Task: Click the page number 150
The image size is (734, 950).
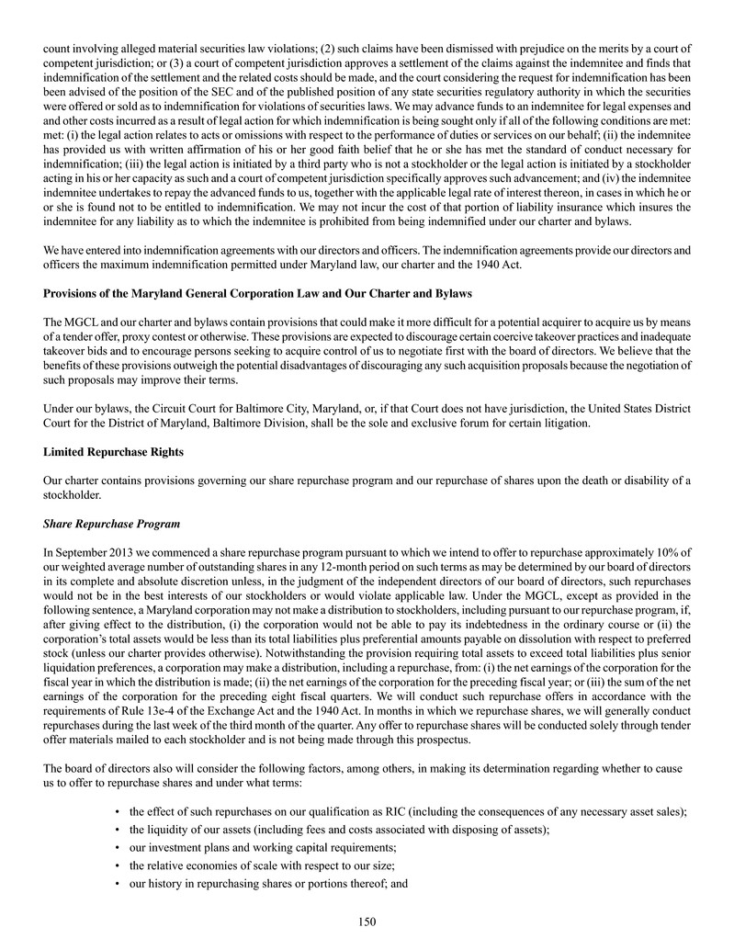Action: coord(367,922)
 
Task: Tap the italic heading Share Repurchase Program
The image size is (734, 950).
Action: coord(112,523)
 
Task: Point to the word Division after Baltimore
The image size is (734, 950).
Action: coord(331,423)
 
